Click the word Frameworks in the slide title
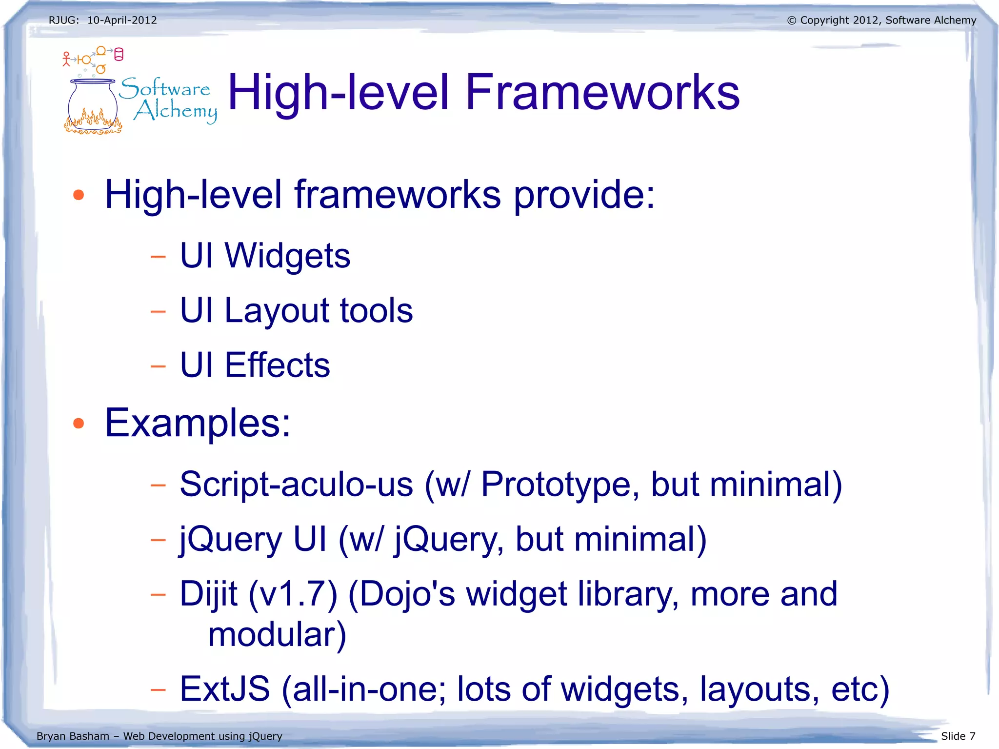click(602, 93)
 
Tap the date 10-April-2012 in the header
click(122, 20)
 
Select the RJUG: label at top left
click(63, 20)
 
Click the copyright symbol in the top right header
click(791, 20)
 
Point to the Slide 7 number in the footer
click(958, 736)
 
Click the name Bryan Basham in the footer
click(73, 736)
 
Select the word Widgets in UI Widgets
click(287, 256)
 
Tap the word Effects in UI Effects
click(277, 365)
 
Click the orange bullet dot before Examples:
click(79, 423)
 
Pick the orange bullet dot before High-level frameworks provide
click(79, 195)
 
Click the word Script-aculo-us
click(296, 485)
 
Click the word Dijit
click(208, 594)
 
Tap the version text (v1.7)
click(293, 594)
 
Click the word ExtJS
click(224, 689)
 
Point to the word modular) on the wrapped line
click(277, 635)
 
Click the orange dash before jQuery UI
click(158, 540)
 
